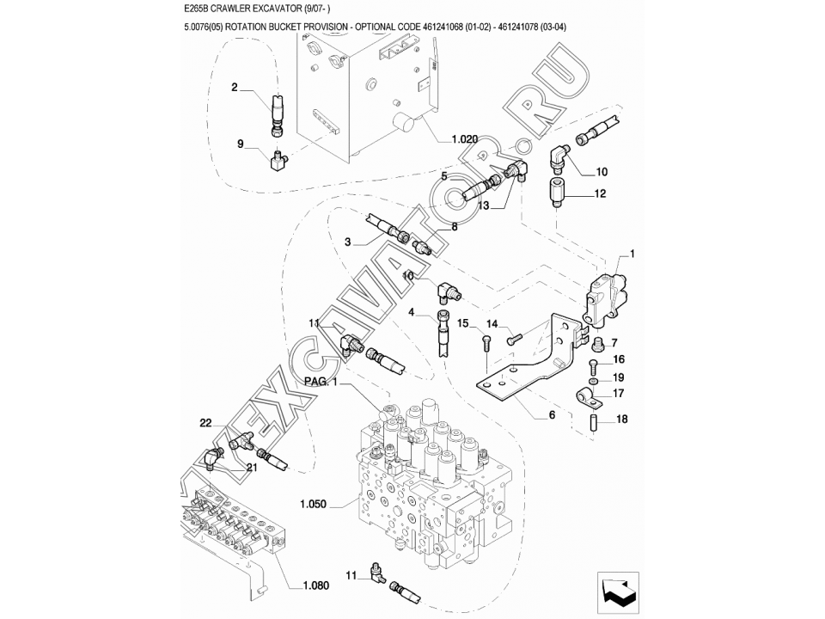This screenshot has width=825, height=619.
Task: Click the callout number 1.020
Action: click(465, 139)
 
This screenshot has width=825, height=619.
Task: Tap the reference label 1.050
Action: click(313, 505)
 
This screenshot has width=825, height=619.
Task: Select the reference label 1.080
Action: click(315, 585)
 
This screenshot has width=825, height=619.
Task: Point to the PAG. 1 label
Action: click(321, 382)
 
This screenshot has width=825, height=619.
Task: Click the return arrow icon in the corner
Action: click(618, 592)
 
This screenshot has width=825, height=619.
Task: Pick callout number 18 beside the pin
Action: click(621, 420)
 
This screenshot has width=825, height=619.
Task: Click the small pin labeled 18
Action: click(591, 422)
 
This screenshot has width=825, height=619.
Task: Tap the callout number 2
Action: click(235, 87)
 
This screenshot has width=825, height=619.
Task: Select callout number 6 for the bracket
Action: click(552, 414)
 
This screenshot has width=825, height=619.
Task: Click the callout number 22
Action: click(205, 422)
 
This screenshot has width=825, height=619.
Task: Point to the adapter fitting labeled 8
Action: click(423, 247)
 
